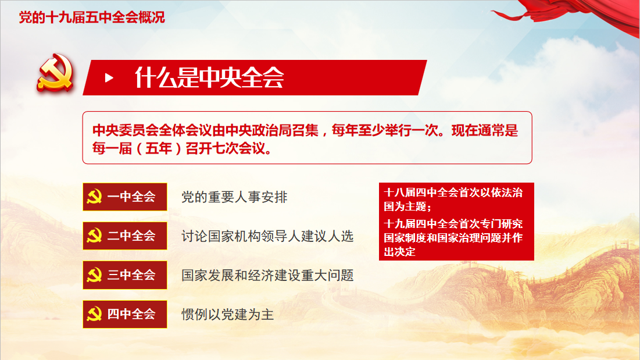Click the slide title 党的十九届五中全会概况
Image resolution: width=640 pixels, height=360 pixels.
coord(92,17)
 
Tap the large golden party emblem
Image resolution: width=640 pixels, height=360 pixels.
coord(55,73)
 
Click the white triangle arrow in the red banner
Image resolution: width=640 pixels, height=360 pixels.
coord(109,77)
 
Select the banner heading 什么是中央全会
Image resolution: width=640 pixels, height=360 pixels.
coord(209,77)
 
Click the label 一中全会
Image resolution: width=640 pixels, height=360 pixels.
coord(131,197)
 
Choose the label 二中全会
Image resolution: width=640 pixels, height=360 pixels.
coord(131,236)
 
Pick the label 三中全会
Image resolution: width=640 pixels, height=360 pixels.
coord(131,275)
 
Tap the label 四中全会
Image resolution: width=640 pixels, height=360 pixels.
coord(131,314)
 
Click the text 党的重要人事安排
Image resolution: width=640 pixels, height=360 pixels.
coord(234,197)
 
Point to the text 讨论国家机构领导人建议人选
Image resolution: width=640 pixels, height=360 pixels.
coord(267,236)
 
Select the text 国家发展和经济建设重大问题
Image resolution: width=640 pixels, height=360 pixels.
coord(267,276)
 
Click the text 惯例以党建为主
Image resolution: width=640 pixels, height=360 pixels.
coord(227,315)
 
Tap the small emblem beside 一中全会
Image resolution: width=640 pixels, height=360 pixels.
coord(94,197)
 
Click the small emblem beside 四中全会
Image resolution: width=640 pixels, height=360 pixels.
coord(94,314)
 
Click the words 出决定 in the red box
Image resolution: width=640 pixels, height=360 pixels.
coord(399,252)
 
